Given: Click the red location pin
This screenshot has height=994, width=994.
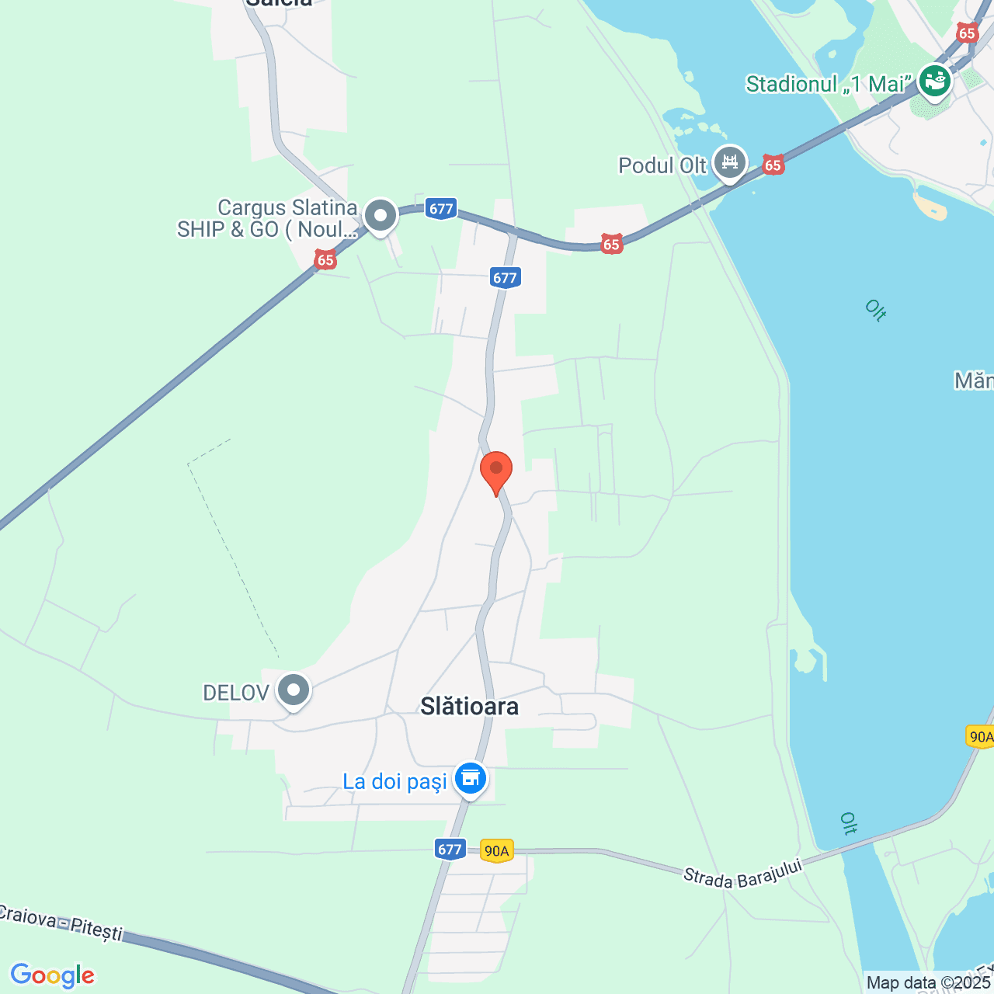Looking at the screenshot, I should point(496,471).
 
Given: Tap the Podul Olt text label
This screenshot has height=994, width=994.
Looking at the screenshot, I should point(662,165).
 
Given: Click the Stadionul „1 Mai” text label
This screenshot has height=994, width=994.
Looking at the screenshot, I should point(826,84).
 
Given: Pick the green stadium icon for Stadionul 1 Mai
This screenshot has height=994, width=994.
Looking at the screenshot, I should point(935,81).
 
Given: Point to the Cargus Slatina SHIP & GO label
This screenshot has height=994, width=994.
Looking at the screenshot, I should point(267,218).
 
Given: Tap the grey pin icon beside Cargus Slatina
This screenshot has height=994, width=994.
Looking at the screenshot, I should point(381,217).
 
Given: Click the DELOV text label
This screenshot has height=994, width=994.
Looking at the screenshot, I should point(236,693).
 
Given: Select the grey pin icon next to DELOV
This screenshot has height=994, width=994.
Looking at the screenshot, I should point(294,690).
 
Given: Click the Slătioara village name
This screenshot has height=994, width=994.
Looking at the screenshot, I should point(469,706).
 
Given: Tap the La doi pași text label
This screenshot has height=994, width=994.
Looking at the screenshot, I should point(394,781).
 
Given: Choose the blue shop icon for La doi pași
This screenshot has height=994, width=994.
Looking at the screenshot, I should point(470,777).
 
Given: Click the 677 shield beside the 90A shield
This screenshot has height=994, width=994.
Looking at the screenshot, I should point(450,850).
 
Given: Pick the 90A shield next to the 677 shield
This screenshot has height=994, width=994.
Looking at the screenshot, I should point(496,851).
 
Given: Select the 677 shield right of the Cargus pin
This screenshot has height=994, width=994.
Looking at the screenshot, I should point(440,208).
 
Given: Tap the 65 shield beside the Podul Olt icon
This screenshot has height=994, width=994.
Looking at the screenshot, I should point(773,165).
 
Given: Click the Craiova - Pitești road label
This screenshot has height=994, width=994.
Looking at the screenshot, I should point(61,922).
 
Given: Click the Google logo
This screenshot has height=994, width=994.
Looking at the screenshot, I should point(53,975).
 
